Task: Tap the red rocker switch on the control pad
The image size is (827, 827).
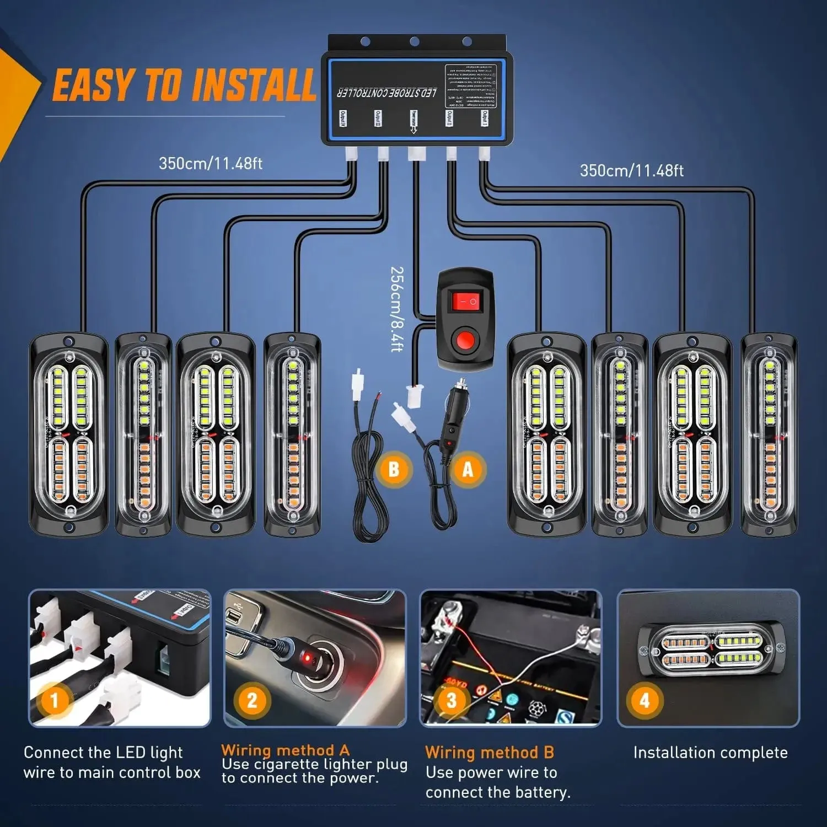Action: tap(464, 301)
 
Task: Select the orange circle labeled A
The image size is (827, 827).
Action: tap(468, 469)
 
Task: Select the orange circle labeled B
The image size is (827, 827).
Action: tap(394, 469)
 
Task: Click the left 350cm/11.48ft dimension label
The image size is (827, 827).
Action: tap(211, 164)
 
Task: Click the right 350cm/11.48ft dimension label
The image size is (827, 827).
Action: tap(631, 171)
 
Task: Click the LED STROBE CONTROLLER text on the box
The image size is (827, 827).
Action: tap(387, 92)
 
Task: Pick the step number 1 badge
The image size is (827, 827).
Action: tap(54, 701)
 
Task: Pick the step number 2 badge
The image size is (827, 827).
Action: tap(252, 701)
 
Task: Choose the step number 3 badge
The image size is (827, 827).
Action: tap(451, 701)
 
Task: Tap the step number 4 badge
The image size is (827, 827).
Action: tap(645, 701)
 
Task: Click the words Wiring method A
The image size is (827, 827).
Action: tap(285, 750)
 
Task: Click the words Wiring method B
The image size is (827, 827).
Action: tap(489, 753)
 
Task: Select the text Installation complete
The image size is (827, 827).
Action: tap(710, 753)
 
